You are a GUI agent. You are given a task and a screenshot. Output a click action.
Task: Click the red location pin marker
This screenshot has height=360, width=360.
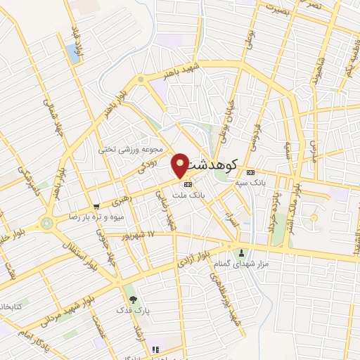pyautogui.click(x=181, y=165)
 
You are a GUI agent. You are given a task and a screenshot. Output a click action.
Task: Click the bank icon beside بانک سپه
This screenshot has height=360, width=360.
pyautogui.click(x=251, y=172)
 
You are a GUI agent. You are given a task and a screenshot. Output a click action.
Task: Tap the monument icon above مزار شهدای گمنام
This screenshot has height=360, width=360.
pyautogui.click(x=242, y=253)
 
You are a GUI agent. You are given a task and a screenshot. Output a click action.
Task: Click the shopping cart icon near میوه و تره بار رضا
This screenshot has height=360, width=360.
pyautogui.click(x=96, y=207)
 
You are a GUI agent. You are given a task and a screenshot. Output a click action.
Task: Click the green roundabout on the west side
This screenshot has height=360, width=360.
pyautogui.click(x=47, y=224)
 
